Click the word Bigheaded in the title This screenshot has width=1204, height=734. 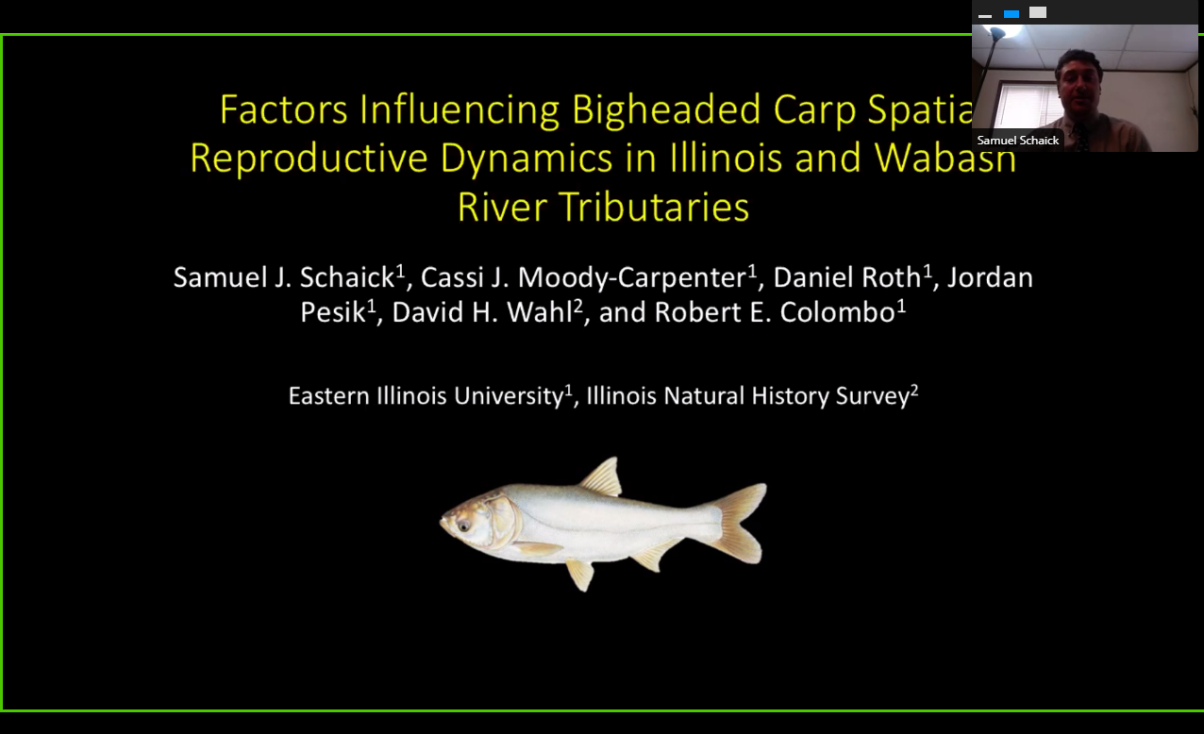tap(666, 110)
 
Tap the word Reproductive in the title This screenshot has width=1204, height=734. tap(309, 158)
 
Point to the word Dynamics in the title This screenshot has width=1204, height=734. tap(527, 158)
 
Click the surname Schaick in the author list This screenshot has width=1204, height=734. tap(347, 277)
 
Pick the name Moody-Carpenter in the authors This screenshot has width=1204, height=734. tap(631, 278)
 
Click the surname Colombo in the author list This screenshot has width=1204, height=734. tap(837, 312)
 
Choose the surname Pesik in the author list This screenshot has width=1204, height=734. tap(333, 312)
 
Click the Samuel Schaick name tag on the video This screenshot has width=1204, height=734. tap(1017, 141)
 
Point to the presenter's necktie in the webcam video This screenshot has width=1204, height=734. tap(1081, 137)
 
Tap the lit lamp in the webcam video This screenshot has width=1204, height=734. tap(1001, 31)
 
